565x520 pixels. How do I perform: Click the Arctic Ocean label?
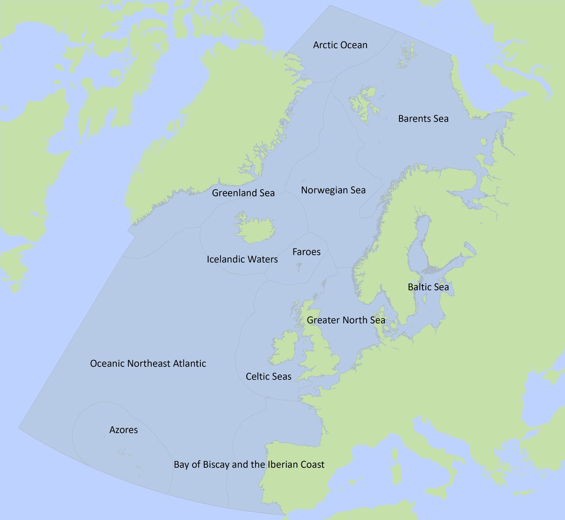pos(340,45)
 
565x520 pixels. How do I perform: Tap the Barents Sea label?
pos(423,119)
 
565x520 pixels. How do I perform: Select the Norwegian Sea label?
pos(333,190)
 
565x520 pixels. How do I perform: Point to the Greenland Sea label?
pos(243,193)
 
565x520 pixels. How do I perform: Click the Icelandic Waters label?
pos(242,260)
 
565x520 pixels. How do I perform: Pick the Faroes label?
pos(306,252)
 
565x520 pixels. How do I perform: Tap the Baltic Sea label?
pos(428,287)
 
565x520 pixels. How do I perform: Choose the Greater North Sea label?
pos(346,320)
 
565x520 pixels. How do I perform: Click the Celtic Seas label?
pos(268,376)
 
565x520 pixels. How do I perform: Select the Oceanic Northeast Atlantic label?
pos(148,363)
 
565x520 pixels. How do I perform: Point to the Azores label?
pos(124,430)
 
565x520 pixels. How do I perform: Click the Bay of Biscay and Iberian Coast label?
pos(249,465)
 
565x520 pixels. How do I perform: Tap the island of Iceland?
pos(254,230)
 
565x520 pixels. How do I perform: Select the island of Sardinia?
pos(396,474)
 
